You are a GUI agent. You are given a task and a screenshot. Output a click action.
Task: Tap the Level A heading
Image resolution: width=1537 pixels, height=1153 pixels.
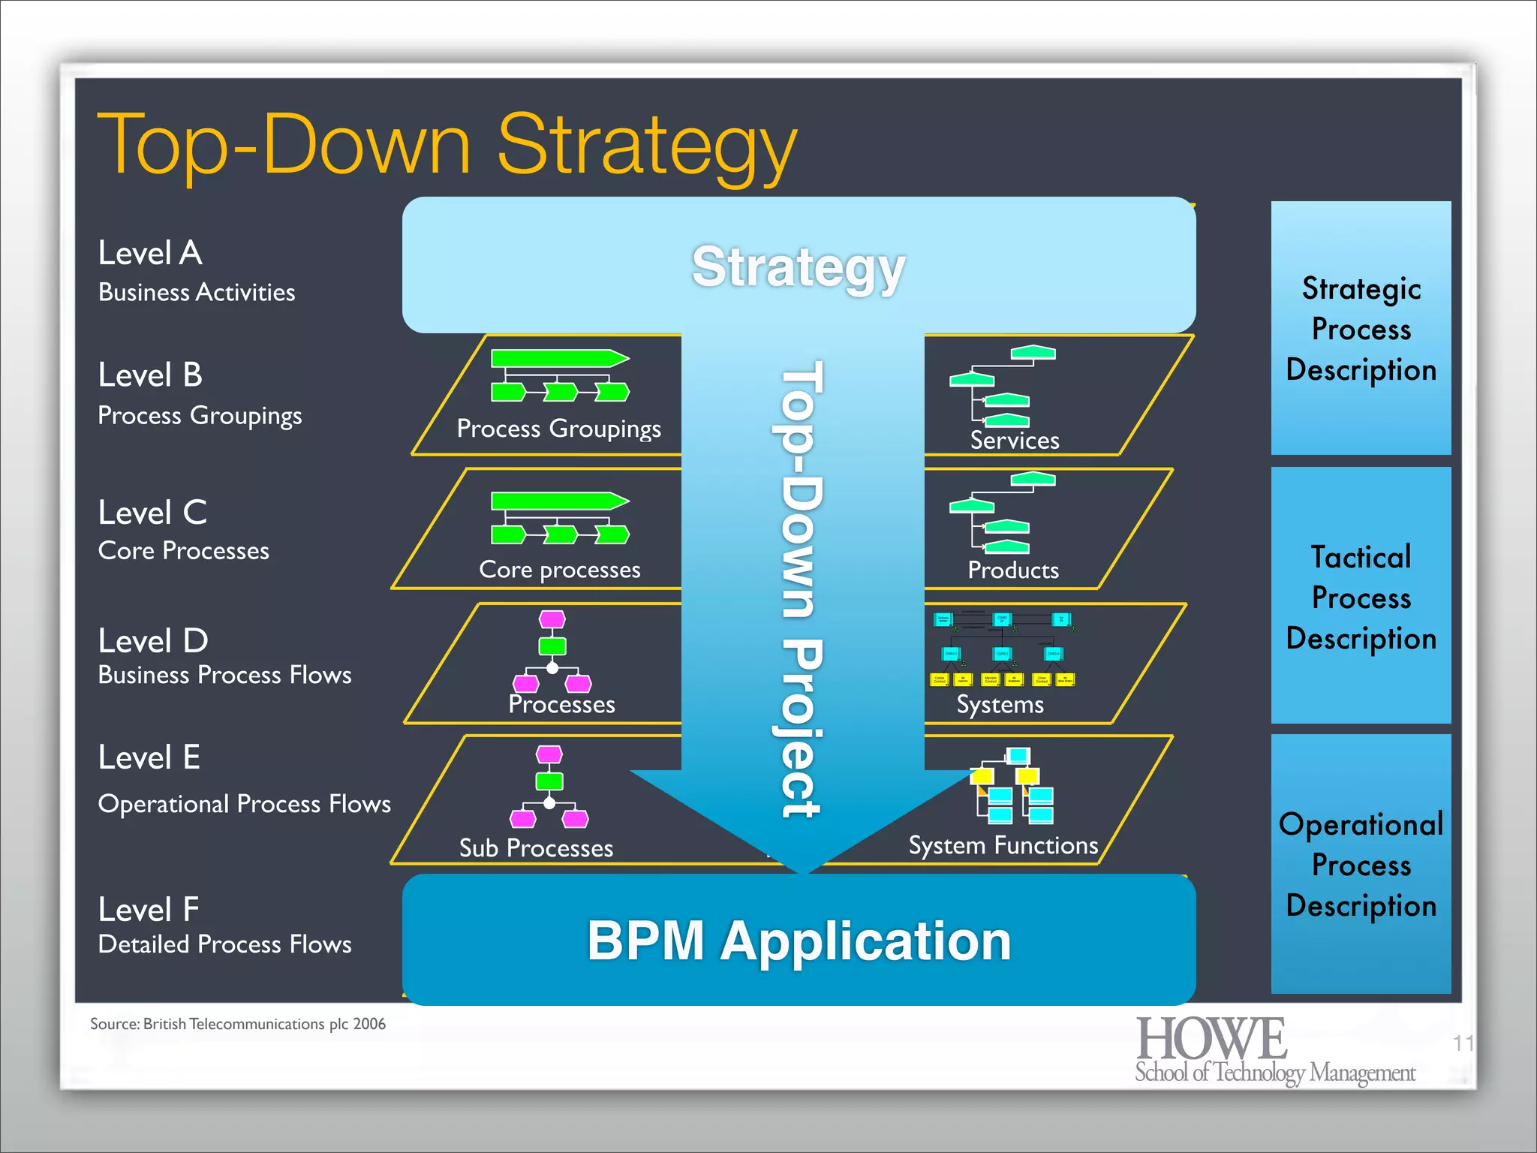(150, 253)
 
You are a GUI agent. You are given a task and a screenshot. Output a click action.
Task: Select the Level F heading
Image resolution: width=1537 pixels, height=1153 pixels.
(149, 910)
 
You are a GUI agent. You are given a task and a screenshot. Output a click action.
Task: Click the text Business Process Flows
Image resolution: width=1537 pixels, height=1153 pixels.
(224, 675)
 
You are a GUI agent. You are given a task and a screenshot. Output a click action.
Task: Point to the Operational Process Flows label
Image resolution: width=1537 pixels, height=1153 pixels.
(244, 804)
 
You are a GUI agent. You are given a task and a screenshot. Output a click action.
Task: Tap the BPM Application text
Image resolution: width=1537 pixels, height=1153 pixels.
(799, 941)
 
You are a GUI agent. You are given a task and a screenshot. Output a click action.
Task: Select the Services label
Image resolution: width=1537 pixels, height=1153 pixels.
(1015, 441)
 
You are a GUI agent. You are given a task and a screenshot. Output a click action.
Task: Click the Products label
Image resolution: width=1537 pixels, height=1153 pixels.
(1013, 570)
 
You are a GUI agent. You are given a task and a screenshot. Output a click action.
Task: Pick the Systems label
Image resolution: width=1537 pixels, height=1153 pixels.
(1000, 705)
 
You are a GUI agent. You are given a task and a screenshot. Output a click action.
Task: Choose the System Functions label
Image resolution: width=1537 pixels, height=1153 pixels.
(1003, 846)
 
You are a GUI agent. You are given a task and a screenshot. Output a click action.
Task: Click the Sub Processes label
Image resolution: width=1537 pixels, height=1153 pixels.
(536, 848)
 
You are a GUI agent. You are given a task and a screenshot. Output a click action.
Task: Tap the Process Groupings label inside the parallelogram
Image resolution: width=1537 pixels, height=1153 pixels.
(558, 429)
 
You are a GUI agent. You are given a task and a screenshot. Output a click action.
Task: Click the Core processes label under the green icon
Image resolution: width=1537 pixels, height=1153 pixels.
(560, 570)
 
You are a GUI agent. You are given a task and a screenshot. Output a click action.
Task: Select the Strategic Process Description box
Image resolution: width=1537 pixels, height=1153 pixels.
(1361, 329)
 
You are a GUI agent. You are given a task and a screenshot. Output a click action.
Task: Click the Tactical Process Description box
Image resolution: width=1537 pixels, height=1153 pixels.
(1361, 597)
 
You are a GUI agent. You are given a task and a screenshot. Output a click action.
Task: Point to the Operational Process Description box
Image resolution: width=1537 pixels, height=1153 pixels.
(1361, 865)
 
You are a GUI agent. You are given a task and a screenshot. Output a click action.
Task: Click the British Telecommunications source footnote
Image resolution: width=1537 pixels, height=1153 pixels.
(238, 1024)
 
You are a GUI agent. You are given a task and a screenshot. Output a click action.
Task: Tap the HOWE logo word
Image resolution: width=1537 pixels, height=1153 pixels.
(1211, 1039)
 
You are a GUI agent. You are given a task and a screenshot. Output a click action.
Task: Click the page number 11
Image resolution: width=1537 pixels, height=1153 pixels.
(1463, 1043)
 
